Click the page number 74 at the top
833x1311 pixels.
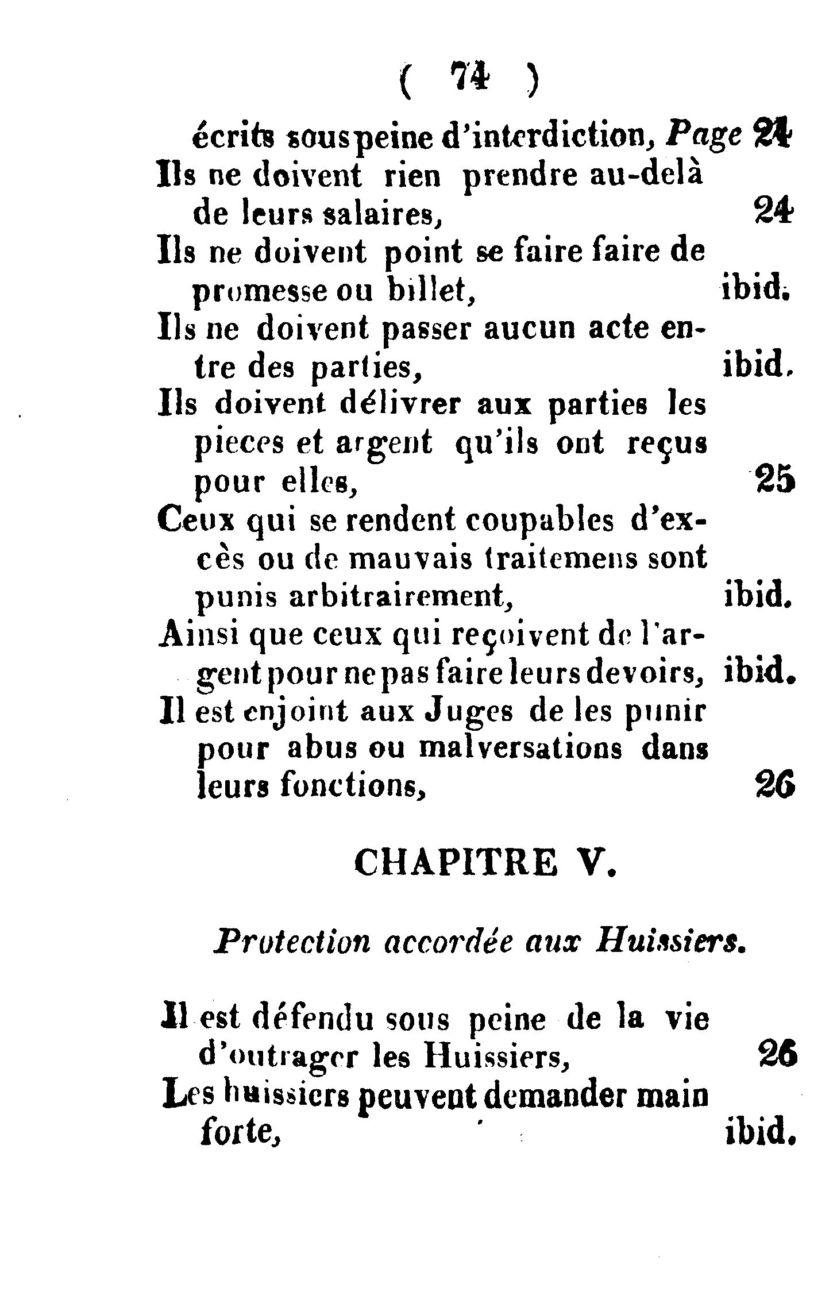pos(469,76)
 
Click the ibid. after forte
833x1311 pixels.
pos(759,1132)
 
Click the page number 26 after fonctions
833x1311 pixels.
pos(775,786)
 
